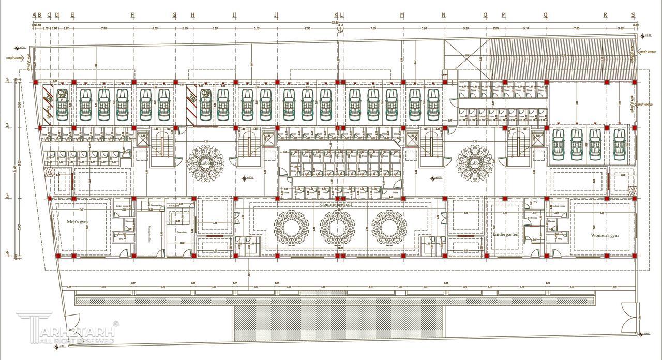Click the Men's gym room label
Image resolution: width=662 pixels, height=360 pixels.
(x=78, y=222)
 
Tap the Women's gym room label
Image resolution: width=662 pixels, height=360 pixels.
(x=605, y=235)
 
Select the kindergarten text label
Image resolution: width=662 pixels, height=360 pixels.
(x=505, y=234)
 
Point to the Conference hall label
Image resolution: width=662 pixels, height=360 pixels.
(x=336, y=205)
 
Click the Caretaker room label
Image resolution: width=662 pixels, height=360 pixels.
(x=181, y=232)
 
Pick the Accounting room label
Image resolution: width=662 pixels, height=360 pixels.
(x=155, y=205)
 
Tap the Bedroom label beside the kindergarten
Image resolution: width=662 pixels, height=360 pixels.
(x=532, y=218)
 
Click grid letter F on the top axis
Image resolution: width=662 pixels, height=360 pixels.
(x=133, y=15)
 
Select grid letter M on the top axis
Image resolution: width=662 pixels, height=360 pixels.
(x=402, y=15)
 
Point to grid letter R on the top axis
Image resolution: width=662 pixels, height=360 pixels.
(x=606, y=15)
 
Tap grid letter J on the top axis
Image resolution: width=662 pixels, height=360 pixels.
(x=276, y=15)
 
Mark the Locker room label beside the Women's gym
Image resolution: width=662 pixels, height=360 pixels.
(x=560, y=206)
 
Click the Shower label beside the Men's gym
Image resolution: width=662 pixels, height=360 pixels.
(x=128, y=221)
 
